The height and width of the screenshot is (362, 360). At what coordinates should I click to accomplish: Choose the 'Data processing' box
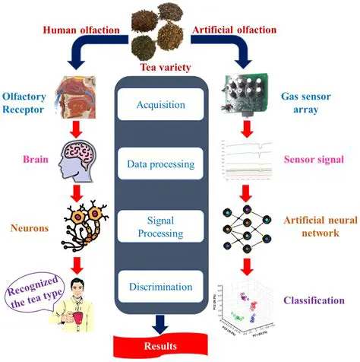[160, 164]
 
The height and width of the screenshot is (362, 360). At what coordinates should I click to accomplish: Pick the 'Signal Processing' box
[160, 224]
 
